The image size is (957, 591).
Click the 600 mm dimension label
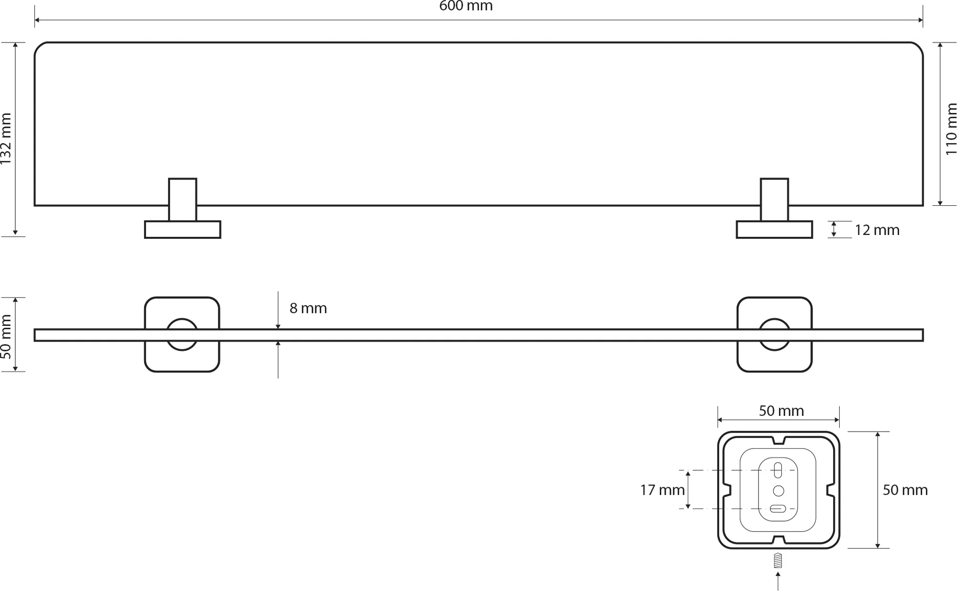click(466, 6)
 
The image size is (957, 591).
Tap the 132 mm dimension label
click(6, 139)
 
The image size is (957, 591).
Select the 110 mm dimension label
click(951, 129)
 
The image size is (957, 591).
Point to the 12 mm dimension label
click(877, 230)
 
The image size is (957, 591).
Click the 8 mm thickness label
click(308, 308)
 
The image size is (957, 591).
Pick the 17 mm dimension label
click(662, 490)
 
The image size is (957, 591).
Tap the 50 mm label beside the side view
click(6, 336)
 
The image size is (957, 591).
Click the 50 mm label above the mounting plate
click(781, 411)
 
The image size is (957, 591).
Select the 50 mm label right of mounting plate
click(905, 490)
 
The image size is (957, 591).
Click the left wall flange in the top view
click(182, 230)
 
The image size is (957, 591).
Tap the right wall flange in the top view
click(774, 230)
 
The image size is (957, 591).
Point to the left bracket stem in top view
click(182, 200)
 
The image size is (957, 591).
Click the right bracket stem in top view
click(774, 200)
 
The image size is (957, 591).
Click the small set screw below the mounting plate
click(778, 560)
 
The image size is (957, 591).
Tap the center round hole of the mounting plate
click(779, 491)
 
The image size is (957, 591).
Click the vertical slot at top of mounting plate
click(778, 470)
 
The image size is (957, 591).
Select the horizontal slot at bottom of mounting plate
click(778, 509)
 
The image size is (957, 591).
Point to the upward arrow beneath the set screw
click(778, 581)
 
